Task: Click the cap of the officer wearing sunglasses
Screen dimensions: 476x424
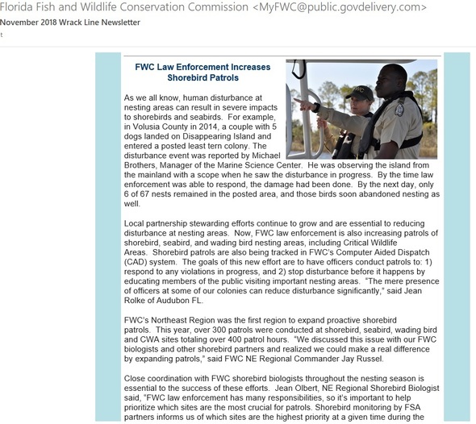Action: coord(361,90)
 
